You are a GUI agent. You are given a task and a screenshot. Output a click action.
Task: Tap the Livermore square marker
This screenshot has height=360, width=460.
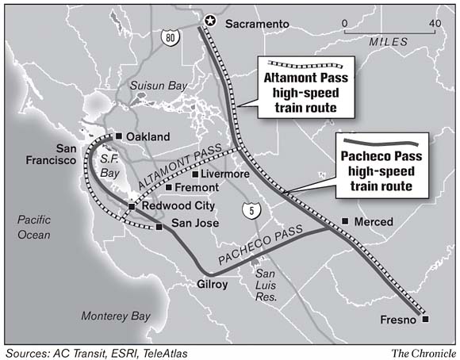point(196,174)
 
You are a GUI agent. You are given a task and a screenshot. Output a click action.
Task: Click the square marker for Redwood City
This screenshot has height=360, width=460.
point(132,207)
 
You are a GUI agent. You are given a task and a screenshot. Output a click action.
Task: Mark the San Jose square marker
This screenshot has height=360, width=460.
point(159,227)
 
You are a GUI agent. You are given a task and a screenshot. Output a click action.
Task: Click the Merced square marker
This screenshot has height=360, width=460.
point(344,221)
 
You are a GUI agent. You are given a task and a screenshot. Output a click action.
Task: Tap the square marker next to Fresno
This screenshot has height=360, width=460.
point(426,319)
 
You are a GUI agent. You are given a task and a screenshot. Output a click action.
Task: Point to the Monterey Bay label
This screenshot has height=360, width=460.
point(115,316)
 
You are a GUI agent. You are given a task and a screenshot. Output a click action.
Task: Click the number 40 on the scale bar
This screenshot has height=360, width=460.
point(435,23)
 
